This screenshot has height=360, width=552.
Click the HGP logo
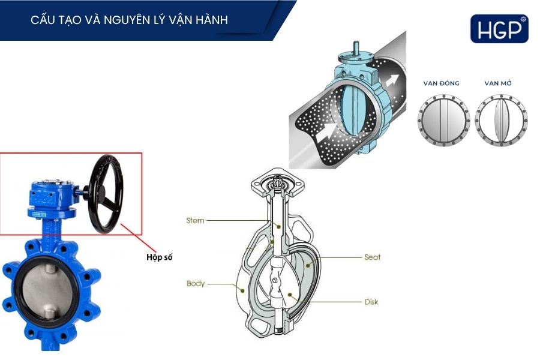coord(499,28)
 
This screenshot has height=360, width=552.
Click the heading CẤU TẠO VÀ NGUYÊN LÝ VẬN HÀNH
coord(129,20)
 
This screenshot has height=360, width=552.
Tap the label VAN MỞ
coord(501,83)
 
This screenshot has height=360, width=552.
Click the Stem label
coord(195,220)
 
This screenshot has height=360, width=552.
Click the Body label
coord(196,283)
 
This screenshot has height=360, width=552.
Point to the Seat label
coord(372,257)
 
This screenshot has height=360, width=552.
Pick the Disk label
coord(371,301)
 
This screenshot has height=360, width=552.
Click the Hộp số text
coord(160,257)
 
